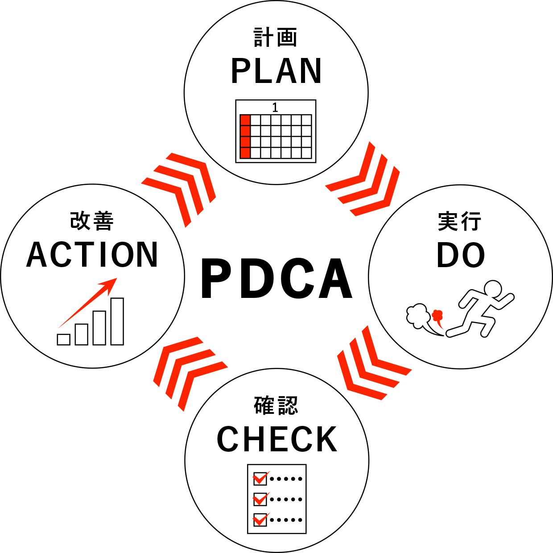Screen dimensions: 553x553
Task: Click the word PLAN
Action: [x=276, y=71]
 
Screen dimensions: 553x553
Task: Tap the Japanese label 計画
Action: [x=275, y=37]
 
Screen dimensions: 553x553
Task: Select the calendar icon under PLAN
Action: [x=276, y=131]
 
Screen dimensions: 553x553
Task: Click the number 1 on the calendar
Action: [x=275, y=107]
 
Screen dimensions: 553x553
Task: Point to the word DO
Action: [x=461, y=255]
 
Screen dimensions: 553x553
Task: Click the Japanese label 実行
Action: [x=460, y=221]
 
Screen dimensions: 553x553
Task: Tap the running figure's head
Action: [x=493, y=289]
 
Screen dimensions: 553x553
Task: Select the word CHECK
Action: [x=277, y=440]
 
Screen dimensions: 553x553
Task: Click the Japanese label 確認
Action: [x=276, y=405]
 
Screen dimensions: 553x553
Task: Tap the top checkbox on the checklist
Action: [x=260, y=479]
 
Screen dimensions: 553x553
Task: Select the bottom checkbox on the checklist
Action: [x=260, y=520]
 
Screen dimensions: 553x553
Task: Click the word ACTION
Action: [x=92, y=255]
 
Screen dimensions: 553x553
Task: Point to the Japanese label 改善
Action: [x=92, y=221]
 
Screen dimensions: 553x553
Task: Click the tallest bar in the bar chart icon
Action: [x=117, y=321]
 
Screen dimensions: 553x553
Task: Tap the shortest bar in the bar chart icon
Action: [x=64, y=339]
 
